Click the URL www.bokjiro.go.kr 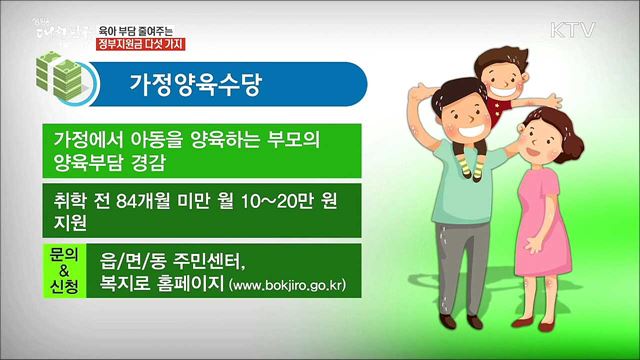[288, 286]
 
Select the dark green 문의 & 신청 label [62, 270]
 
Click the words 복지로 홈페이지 [161, 285]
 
